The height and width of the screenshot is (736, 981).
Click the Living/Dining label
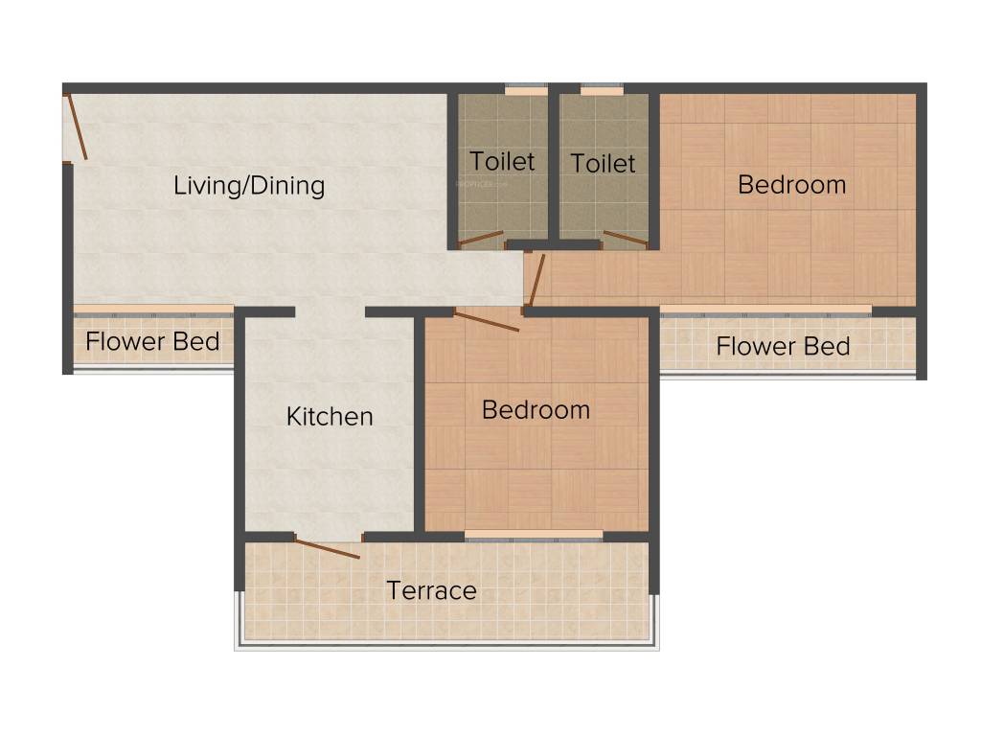(249, 185)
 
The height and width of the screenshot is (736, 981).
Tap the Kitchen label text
(330, 417)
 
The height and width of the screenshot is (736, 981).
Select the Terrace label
(431, 590)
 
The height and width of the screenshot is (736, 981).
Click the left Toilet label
(502, 161)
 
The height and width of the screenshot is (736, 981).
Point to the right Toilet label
(603, 164)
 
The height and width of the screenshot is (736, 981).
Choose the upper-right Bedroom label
(791, 185)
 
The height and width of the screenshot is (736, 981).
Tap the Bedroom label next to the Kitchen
(536, 410)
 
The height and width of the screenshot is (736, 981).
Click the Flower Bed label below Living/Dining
(152, 341)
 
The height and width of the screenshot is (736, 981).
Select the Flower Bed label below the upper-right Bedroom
(783, 346)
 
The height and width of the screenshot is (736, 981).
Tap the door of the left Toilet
(481, 239)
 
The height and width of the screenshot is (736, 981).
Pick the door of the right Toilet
(626, 238)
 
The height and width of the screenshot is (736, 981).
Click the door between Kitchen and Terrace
(328, 549)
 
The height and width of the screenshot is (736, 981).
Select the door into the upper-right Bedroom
(536, 279)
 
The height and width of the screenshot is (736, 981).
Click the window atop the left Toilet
(526, 90)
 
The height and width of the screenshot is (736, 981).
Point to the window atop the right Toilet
(602, 90)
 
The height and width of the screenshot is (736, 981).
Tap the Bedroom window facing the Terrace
(534, 535)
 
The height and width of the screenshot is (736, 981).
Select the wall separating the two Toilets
(554, 168)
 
